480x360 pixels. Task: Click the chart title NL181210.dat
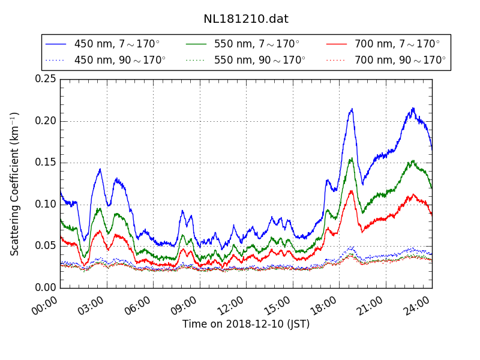[246, 19]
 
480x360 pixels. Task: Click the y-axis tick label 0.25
[46, 79]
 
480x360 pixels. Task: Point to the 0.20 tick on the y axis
[46, 121]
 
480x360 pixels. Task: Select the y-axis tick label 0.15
[46, 163]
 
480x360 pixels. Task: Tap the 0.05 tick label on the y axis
[46, 246]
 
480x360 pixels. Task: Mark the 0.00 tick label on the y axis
[46, 287]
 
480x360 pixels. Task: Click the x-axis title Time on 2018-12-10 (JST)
[246, 325]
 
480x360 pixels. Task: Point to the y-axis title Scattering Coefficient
[15, 184]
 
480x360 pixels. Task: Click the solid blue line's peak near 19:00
[352, 109]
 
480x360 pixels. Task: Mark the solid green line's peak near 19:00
[351, 159]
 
